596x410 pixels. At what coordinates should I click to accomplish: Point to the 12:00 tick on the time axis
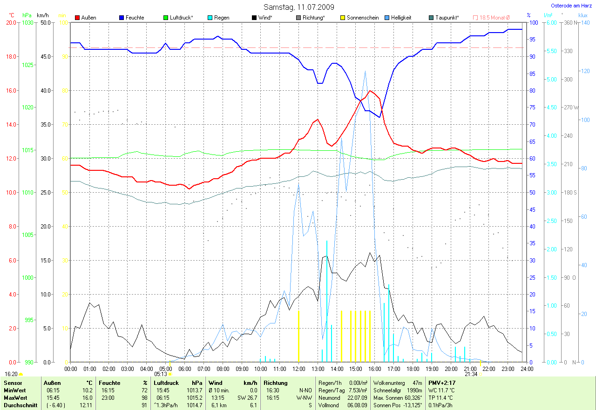(x=298, y=369)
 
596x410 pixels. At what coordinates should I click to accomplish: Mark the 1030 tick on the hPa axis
(x=28, y=22)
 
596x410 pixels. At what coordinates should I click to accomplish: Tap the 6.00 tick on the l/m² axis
(x=551, y=22)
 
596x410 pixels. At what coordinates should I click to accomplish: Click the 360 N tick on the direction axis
(x=570, y=22)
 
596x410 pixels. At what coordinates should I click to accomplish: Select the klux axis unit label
(x=582, y=15)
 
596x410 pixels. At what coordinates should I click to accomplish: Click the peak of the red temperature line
(x=370, y=91)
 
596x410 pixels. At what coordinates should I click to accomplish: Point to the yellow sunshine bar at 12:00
(x=298, y=335)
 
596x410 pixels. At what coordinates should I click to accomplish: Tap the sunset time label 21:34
(x=471, y=374)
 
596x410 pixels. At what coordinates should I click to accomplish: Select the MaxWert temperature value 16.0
(x=88, y=398)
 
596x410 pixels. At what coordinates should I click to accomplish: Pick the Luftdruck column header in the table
(x=166, y=383)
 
